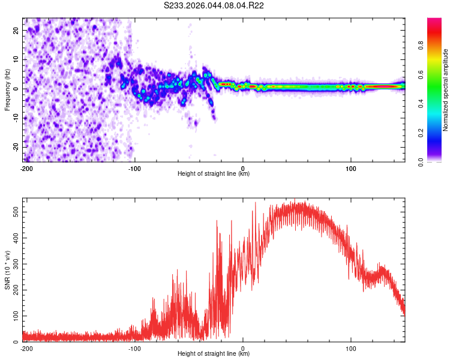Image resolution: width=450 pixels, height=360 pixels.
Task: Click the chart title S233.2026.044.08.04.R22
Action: pyautogui.click(x=214, y=5)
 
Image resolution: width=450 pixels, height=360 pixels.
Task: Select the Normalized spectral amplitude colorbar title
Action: pyautogui.click(x=446, y=90)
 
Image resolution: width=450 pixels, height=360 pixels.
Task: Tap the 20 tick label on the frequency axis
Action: pyautogui.click(x=16, y=31)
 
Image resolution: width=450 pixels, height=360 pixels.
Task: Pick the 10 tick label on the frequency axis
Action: pyautogui.click(x=16, y=60)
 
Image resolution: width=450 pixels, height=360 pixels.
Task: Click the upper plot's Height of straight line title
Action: pyautogui.click(x=214, y=174)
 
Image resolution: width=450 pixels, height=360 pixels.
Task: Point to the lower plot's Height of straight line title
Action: pyautogui.click(x=214, y=354)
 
